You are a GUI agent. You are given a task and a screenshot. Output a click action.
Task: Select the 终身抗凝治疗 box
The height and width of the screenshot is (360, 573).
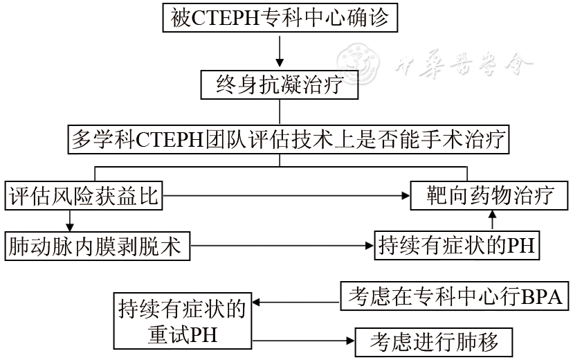pos(280,86)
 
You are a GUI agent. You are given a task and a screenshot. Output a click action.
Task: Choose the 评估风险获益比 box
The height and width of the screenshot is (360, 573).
pos(82,197)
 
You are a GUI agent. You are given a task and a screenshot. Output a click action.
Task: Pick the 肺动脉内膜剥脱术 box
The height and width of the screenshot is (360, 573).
pos(97,245)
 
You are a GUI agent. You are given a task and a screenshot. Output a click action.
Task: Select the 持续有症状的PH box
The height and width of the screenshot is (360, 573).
pos(456,245)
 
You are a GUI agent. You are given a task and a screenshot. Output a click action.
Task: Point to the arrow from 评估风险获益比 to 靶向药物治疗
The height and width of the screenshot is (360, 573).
pos(284,197)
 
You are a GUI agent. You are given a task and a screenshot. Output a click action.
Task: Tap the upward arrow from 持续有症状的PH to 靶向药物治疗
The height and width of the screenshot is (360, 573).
pos(492,221)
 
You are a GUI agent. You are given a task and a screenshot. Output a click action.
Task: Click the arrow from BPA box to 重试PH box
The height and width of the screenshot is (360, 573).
pos(298,302)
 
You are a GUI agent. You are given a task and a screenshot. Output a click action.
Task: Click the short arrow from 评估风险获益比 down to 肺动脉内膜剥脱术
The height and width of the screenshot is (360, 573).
pos(69,221)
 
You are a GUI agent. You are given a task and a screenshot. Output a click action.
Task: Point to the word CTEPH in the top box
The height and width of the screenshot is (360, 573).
pos(220,19)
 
